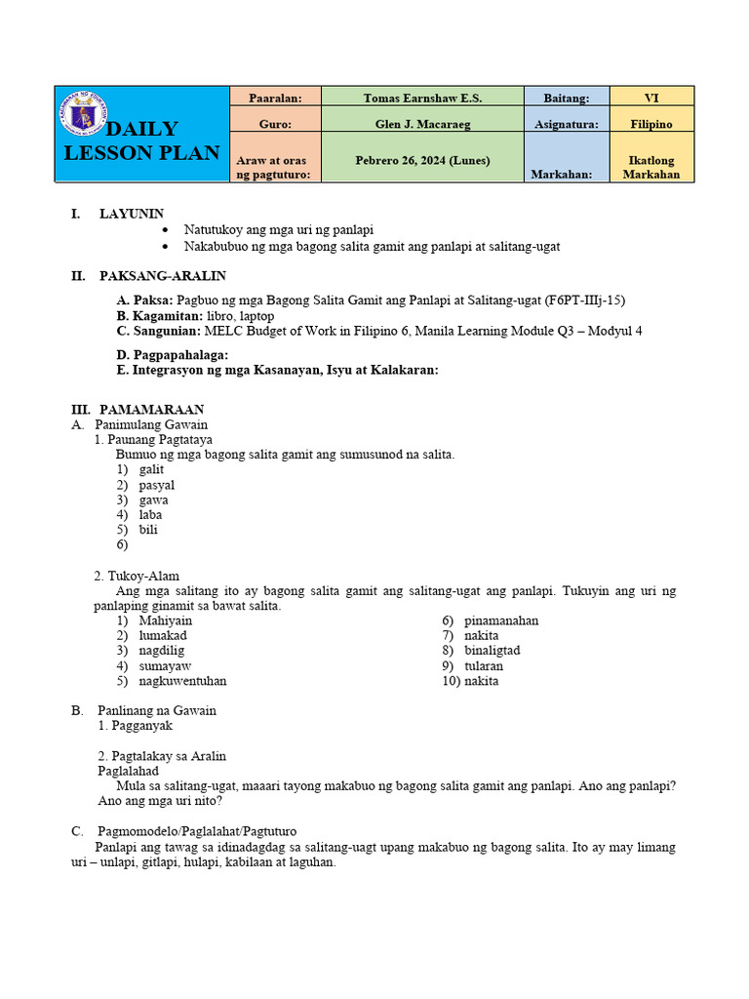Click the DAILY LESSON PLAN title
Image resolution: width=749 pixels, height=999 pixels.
(x=142, y=141)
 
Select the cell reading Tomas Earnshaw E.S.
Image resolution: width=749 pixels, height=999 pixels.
(x=422, y=98)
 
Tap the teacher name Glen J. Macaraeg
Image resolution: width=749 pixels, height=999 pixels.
(x=422, y=124)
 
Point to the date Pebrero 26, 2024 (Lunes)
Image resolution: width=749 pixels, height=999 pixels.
(x=422, y=160)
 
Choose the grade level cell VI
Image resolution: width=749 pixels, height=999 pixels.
(x=651, y=98)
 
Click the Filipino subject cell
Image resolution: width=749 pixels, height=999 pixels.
(x=651, y=124)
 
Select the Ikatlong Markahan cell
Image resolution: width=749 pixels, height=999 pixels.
(x=651, y=167)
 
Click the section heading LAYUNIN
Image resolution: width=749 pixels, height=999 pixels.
(x=132, y=214)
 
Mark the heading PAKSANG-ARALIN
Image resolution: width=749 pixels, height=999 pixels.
(x=162, y=276)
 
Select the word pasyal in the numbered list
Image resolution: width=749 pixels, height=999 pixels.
(x=157, y=485)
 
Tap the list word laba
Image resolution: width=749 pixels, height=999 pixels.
(x=150, y=515)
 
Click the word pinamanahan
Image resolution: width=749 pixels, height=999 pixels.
(x=501, y=620)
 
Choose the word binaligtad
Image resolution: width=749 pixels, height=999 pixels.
(x=493, y=651)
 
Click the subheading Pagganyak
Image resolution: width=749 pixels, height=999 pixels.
(x=141, y=726)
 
